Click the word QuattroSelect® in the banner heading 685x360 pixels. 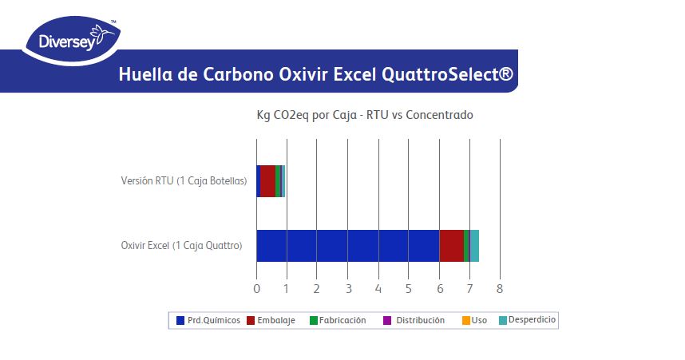coord(448,75)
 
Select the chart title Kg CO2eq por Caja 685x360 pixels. coord(364,115)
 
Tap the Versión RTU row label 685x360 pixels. coord(183,181)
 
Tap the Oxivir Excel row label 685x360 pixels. coord(181,246)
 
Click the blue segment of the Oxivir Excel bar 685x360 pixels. coord(347,246)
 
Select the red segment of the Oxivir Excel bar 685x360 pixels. coord(451,246)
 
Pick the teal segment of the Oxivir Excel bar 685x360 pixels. coord(474,246)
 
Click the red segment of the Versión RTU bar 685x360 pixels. coord(267,181)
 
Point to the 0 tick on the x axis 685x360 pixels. coord(256,288)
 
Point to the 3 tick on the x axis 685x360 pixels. coord(347,288)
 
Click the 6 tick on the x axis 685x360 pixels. coord(439,288)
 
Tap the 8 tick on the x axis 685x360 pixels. coord(500,288)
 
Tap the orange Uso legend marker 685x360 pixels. coord(465,320)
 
